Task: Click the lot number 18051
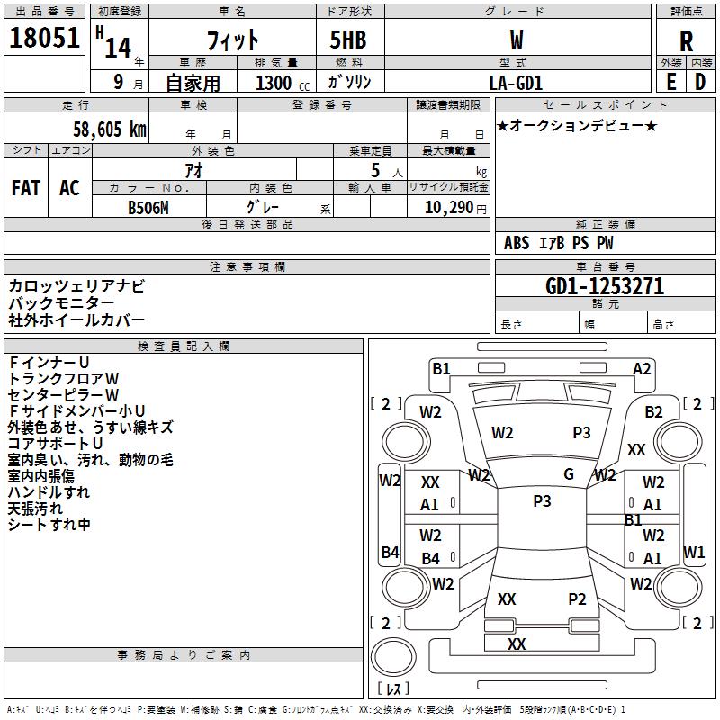tap(44, 40)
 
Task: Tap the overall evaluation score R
tap(686, 41)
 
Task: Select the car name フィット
tap(233, 40)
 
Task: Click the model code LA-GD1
tap(516, 83)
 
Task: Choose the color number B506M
tap(149, 206)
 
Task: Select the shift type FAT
tap(26, 187)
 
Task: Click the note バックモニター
tap(61, 303)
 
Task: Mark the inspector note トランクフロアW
tap(63, 378)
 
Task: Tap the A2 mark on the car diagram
tap(642, 368)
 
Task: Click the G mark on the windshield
tap(569, 474)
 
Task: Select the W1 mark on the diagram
tap(694, 552)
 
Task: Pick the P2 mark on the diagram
tap(577, 599)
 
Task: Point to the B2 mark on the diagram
tap(653, 412)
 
